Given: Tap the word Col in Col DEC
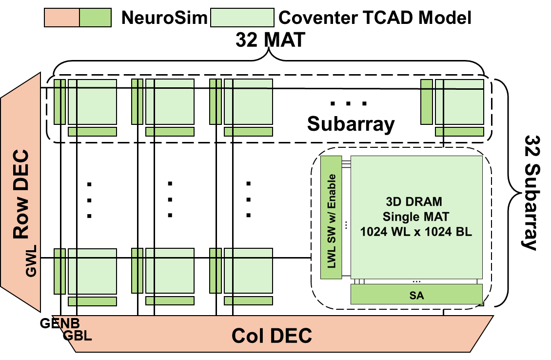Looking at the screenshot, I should tap(248, 336).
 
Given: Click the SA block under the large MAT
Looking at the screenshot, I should tap(416, 295).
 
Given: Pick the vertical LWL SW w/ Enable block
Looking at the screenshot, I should tap(331, 218).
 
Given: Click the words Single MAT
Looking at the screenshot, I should tap(416, 217).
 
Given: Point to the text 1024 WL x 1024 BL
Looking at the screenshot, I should tap(416, 232).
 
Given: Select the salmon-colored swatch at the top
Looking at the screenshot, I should tap(62, 18).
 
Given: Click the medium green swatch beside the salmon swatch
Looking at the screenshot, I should tap(95, 18).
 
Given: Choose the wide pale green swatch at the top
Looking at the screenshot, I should tap(242, 18).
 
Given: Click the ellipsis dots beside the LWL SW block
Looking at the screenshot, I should tap(346, 225).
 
